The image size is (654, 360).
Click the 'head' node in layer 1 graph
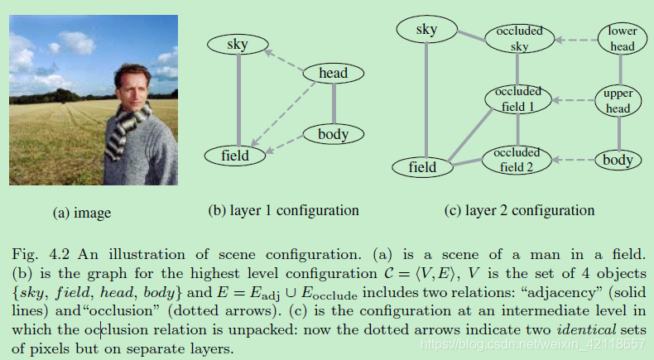coord(333,74)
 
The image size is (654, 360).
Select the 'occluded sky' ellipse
coord(518,39)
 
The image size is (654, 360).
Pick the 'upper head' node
coord(618,101)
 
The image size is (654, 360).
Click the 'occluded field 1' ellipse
coord(518,99)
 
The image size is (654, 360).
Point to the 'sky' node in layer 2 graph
coord(427,31)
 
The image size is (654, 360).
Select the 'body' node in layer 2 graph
coord(618,160)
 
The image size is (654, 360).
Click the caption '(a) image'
coord(82,213)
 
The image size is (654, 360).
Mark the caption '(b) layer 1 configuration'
coord(283,210)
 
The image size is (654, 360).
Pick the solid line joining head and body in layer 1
coord(333,103)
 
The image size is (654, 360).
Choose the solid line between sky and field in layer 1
coord(239,99)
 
